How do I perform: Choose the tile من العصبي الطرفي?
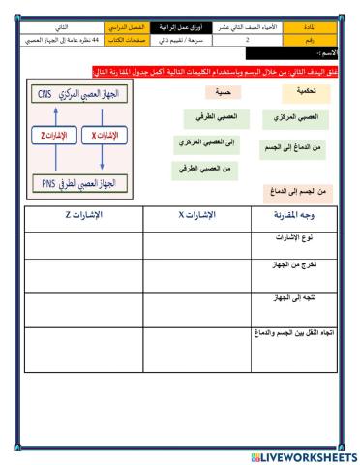tap(205, 169)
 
